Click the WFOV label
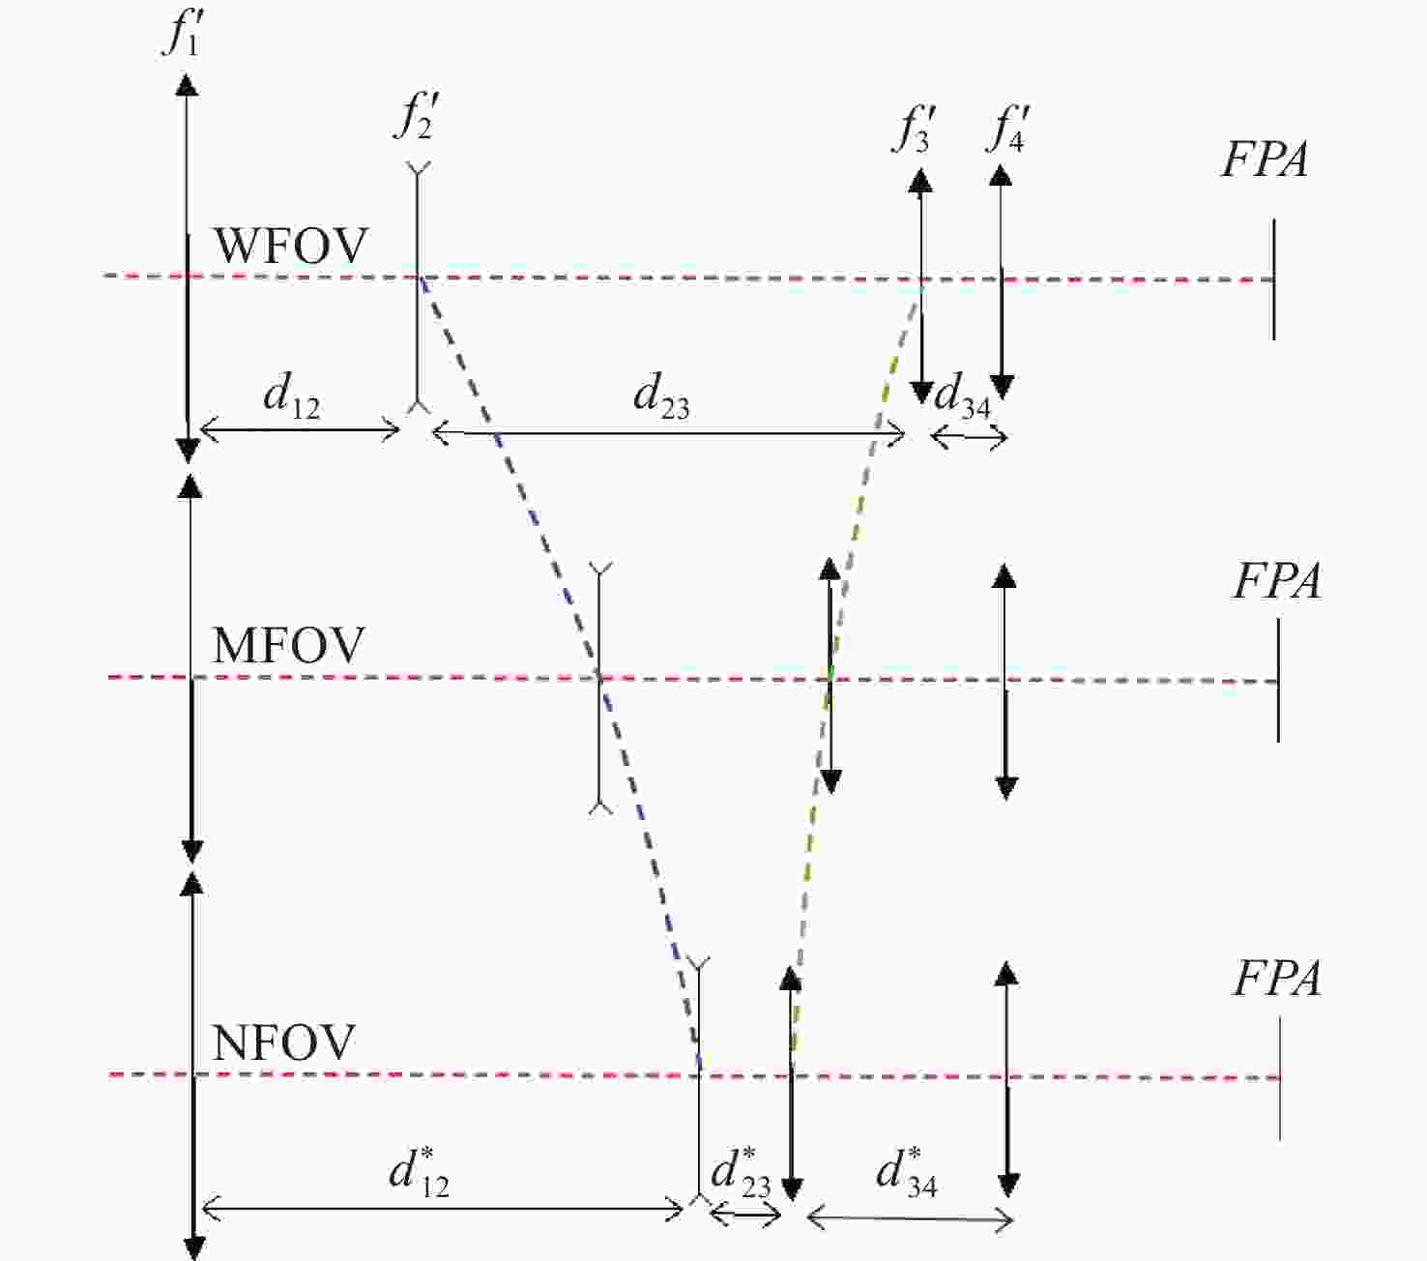click(x=290, y=246)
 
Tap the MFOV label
click(x=289, y=645)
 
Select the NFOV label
click(x=284, y=1042)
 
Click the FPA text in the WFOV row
click(x=1265, y=160)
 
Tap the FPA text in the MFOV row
click(x=1277, y=581)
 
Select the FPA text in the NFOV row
click(x=1277, y=979)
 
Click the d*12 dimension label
click(x=419, y=1171)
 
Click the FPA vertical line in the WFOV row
click(x=1273, y=279)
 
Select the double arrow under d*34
click(x=910, y=1218)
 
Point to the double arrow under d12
click(x=301, y=429)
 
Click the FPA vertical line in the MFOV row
click(x=1278, y=681)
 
